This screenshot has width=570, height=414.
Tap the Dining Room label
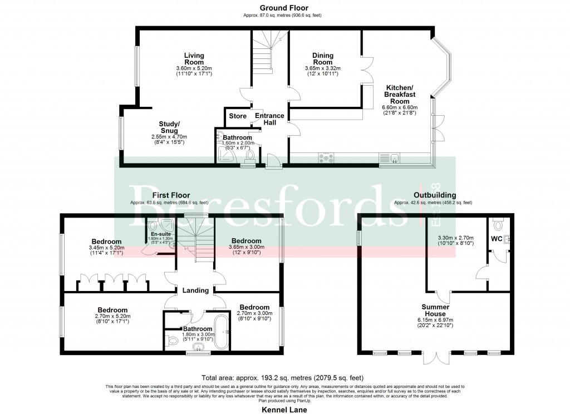pyautogui.click(x=322, y=58)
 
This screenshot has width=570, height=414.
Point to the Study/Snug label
pyautogui.click(x=169, y=127)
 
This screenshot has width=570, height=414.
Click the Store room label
pyautogui.click(x=238, y=116)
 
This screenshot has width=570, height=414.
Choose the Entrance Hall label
pyautogui.click(x=269, y=119)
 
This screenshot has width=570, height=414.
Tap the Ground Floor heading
pyautogui.click(x=284, y=8)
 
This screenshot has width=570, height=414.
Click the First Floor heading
pyautogui.click(x=171, y=195)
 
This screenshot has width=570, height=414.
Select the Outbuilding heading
pyautogui.click(x=435, y=195)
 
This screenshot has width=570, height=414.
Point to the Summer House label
pyautogui.click(x=435, y=310)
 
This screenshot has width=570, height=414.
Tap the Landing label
pyautogui.click(x=195, y=290)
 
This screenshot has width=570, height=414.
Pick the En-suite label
pyautogui.click(x=161, y=234)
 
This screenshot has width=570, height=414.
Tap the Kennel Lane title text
pyautogui.click(x=284, y=409)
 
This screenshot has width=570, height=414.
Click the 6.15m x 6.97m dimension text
pyautogui.click(x=435, y=320)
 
